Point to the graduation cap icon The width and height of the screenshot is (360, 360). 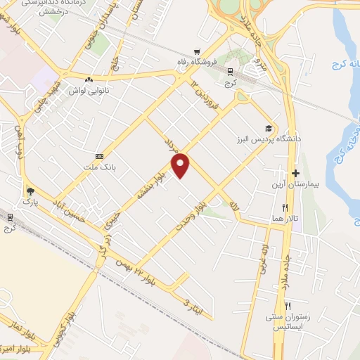tap(267, 128)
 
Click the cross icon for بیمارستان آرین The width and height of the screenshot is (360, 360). tap(295, 173)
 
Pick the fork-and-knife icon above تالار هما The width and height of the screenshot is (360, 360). tap(285, 207)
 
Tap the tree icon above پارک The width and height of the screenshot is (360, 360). tap(30, 191)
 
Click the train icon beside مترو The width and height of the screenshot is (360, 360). tap(230, 71)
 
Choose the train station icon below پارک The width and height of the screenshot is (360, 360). tap(10, 218)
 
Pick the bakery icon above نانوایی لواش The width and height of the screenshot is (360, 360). tap(89, 79)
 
